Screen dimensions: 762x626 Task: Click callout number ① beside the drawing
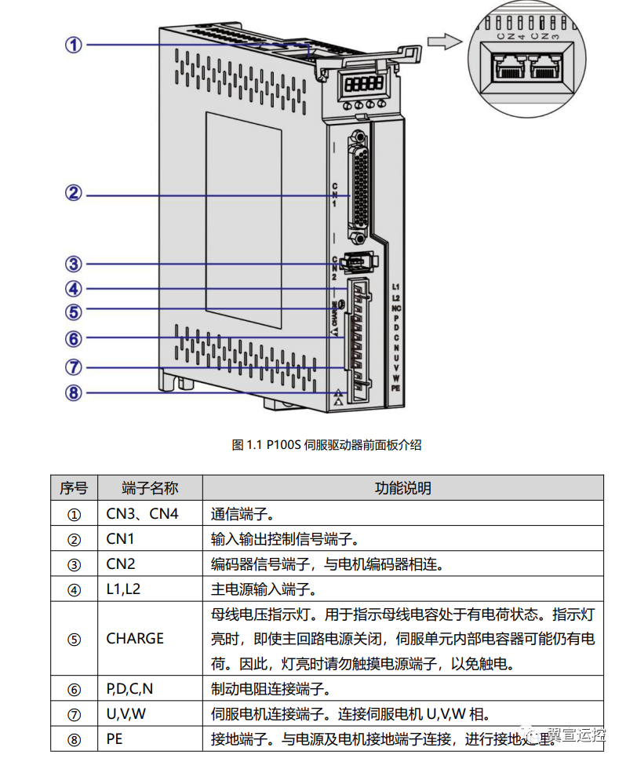coord(73,45)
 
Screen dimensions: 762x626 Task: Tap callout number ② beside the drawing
coord(73,193)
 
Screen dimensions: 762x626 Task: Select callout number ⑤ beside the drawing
coord(73,312)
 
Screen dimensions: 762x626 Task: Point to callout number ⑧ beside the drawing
coord(73,392)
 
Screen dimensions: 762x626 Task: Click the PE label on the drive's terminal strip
coord(396,388)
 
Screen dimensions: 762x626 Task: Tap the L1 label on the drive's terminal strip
coord(396,288)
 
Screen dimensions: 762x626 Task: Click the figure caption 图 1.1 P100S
coord(326,445)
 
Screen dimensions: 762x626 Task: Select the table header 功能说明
coord(402,488)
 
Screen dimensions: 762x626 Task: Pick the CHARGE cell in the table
coord(135,638)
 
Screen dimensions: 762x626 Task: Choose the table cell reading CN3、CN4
coord(142,515)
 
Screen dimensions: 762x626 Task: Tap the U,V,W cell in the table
coord(126,714)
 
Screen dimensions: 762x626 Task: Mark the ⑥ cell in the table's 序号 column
coord(74,690)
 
